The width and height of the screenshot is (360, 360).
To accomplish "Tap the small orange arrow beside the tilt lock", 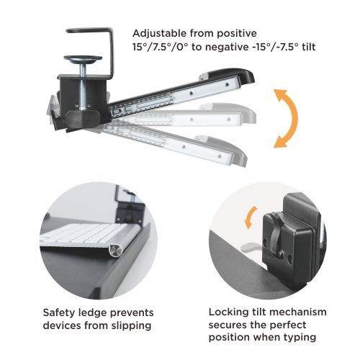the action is click(x=250, y=217).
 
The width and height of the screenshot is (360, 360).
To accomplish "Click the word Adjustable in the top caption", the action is click(x=158, y=34).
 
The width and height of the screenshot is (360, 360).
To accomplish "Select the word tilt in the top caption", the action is click(x=309, y=47).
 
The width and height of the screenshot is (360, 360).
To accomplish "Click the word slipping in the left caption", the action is click(x=131, y=326).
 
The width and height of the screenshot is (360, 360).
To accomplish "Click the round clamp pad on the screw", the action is click(x=83, y=58).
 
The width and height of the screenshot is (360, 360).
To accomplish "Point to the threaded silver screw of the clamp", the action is click(x=83, y=86).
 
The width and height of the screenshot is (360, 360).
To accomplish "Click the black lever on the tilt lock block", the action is click(x=276, y=234).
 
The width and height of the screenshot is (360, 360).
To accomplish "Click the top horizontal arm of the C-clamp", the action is click(x=89, y=30).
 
